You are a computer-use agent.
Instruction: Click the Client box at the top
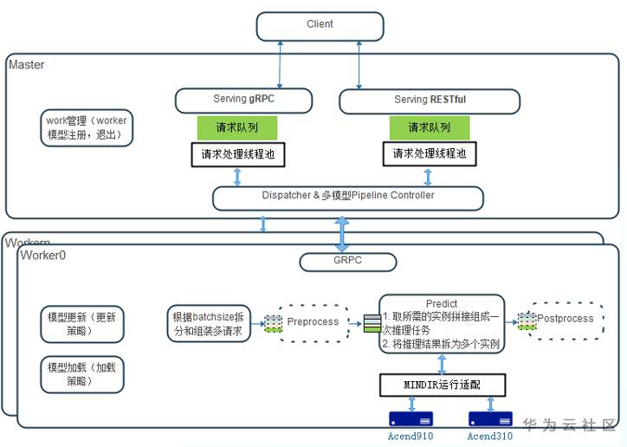pos(320,26)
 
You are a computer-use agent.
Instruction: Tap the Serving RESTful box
pos(430,100)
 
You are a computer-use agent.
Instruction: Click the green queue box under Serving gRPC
pos(237,128)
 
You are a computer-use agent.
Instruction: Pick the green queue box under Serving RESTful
pos(430,128)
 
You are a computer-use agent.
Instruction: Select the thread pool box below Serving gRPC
pos(237,155)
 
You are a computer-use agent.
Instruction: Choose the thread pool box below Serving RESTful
pos(430,154)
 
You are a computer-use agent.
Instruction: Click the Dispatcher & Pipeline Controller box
pos(347,197)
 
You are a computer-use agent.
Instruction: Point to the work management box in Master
pos(87,127)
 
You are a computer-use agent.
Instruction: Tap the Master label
pos(27,65)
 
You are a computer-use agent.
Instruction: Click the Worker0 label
pos(43,256)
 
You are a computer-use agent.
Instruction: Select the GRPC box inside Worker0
pos(347,260)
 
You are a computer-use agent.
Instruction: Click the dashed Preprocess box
pos(313,322)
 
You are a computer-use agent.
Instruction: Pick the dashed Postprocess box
pos(565,320)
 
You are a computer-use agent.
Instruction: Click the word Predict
pos(442,304)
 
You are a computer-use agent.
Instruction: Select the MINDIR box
pos(442,384)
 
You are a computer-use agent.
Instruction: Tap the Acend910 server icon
pos(413,418)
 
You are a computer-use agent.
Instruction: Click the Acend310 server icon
pos(490,418)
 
